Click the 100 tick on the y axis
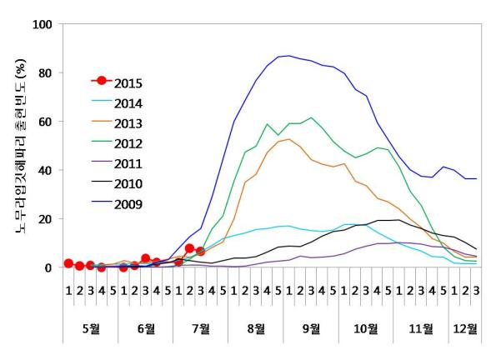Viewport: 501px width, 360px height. [41, 24]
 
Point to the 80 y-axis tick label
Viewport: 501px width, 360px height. [44, 73]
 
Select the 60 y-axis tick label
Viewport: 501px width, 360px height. [44, 122]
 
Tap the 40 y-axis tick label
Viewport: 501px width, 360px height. [44, 171]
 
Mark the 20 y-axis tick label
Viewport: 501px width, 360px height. [44, 219]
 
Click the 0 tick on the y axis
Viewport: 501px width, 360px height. [48, 268]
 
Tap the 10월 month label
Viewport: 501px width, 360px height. [366, 328]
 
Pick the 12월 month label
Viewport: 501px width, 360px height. [465, 328]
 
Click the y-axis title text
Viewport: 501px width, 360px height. [19, 147]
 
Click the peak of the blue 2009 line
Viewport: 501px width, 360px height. [288, 56]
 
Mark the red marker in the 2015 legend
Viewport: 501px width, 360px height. [102, 81]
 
